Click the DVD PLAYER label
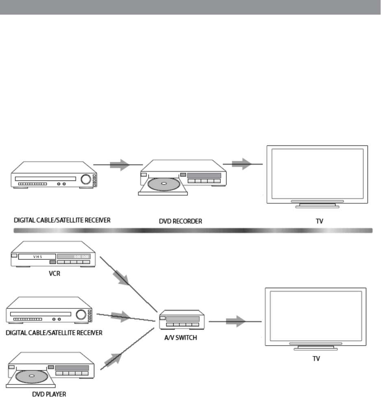click(49, 394)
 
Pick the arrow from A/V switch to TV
click(236, 322)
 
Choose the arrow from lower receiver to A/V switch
click(120, 316)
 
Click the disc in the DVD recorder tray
click(163, 185)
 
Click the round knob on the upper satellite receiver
click(86, 179)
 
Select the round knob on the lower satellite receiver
click(81, 314)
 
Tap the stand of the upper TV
click(317, 204)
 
